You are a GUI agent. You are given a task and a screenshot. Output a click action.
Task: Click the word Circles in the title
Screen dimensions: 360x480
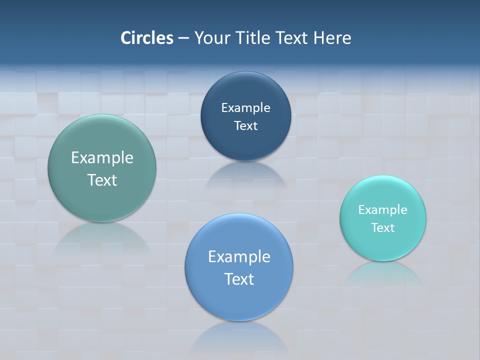[x=147, y=38]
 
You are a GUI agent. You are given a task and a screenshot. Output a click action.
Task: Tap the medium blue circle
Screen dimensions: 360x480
[x=239, y=300]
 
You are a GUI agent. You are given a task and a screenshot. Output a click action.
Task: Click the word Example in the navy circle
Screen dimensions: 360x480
[x=245, y=108]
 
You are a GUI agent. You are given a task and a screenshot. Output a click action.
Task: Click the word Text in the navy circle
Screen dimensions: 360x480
[x=245, y=126]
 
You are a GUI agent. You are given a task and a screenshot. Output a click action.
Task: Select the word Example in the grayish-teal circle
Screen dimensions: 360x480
[x=102, y=158]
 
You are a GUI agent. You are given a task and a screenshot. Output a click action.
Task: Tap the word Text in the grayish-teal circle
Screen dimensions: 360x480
[x=102, y=180]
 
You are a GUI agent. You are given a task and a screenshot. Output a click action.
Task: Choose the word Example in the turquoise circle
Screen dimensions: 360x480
[x=383, y=210]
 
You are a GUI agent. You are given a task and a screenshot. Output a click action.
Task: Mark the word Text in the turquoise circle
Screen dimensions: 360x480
[x=383, y=228]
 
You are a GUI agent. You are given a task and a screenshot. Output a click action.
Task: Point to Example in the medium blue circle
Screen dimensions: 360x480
[x=239, y=257]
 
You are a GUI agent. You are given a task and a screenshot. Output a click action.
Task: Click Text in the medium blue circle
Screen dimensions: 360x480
[x=239, y=279]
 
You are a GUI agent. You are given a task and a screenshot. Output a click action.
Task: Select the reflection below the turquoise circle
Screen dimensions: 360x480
[x=383, y=273]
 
